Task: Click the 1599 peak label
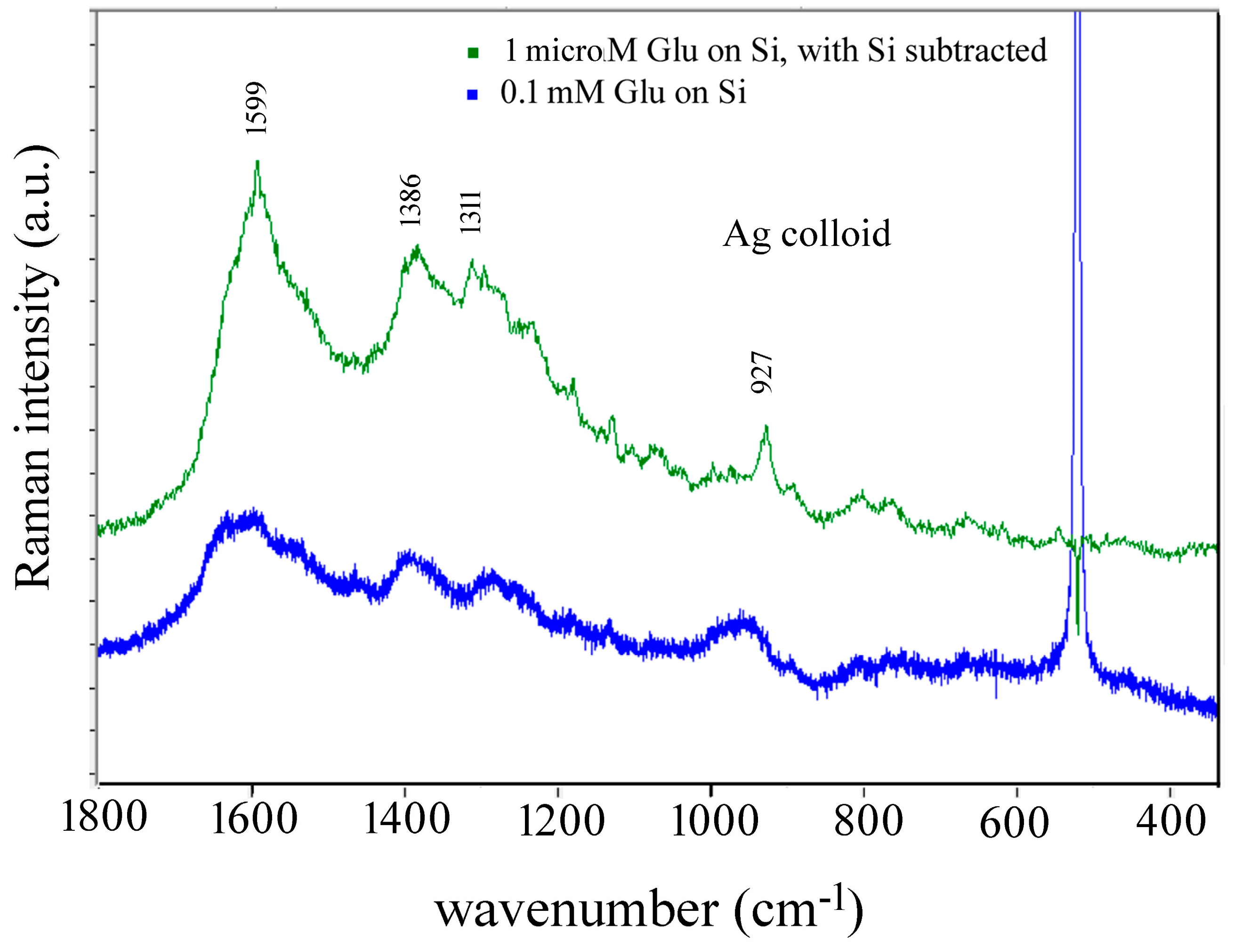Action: coord(256,108)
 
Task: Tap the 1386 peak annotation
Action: coord(411,201)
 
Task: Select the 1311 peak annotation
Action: coord(470,212)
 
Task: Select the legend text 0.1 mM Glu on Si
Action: coord(623,92)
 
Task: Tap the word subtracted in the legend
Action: coord(976,50)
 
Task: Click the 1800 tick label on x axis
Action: coord(104,818)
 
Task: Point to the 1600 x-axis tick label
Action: coord(254,819)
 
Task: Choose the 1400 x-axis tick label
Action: coord(407,819)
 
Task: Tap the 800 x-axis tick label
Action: coord(868,822)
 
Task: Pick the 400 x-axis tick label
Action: coord(1171,822)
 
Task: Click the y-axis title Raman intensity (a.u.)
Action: coord(34,367)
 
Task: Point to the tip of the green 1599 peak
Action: coord(258,162)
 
